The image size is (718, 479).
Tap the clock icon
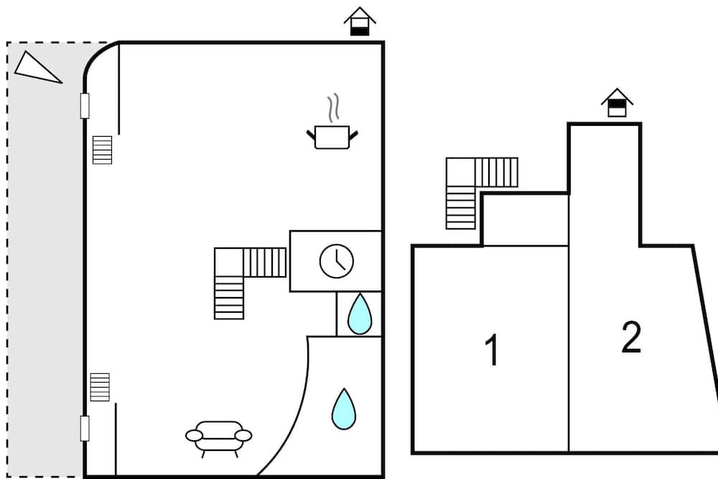337,261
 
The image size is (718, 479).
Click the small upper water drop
360,314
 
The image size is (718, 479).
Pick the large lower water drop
344,409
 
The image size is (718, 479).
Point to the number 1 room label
492,350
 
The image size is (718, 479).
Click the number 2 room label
631,337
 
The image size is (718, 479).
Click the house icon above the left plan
360,22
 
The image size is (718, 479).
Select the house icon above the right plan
617,103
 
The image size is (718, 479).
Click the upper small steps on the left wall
102,150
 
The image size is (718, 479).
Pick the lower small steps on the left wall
100,387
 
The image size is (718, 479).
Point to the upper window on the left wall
85,106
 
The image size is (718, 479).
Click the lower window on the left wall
85,429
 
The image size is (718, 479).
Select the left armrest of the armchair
194,435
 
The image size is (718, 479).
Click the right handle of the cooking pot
353,135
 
